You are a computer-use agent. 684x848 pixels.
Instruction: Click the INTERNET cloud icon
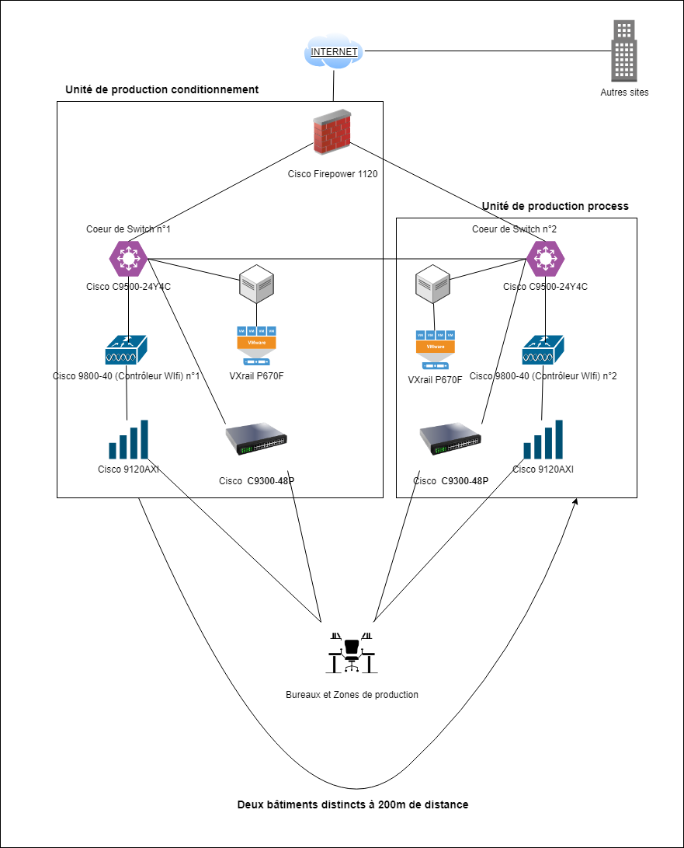tap(334, 52)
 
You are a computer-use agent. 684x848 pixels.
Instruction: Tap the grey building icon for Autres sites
tap(624, 51)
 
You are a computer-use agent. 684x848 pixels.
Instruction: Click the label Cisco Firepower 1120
tap(332, 174)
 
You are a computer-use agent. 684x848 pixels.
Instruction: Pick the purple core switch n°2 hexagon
tap(545, 258)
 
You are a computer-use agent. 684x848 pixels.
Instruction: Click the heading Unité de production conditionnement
tap(162, 89)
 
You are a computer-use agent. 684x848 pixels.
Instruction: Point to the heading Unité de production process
tap(555, 206)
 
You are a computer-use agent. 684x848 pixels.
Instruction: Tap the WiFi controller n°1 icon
tap(126, 351)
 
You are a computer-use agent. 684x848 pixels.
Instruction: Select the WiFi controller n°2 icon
tap(543, 351)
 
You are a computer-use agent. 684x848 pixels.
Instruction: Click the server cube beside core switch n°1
tap(257, 285)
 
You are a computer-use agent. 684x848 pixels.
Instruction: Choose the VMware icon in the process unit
tap(435, 349)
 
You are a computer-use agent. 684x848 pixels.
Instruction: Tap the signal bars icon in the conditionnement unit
tap(128, 439)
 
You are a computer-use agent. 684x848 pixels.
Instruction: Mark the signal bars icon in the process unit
tap(543, 439)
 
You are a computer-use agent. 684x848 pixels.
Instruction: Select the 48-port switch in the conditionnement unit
tap(256, 440)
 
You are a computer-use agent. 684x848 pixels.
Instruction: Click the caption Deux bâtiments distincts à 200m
tap(352, 804)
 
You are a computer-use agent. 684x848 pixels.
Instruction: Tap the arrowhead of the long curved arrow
tap(575, 504)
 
